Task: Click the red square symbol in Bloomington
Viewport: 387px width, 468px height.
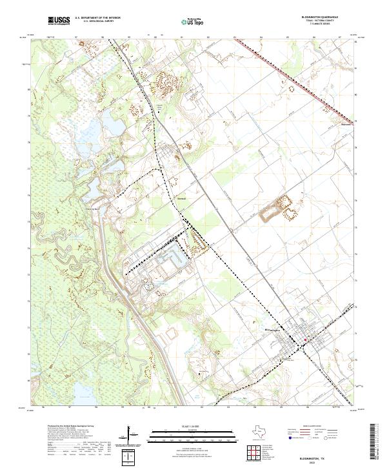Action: click(x=306, y=337)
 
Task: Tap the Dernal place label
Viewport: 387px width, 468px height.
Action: click(x=181, y=199)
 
